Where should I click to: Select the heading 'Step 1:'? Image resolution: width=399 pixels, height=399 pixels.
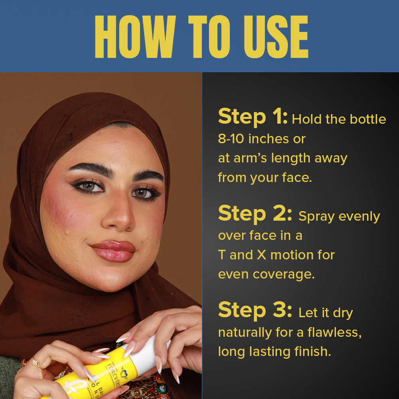coord(253,117)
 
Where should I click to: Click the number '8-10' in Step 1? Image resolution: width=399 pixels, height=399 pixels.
coord(231,139)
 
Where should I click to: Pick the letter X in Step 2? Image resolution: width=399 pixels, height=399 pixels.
coord(261,255)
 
